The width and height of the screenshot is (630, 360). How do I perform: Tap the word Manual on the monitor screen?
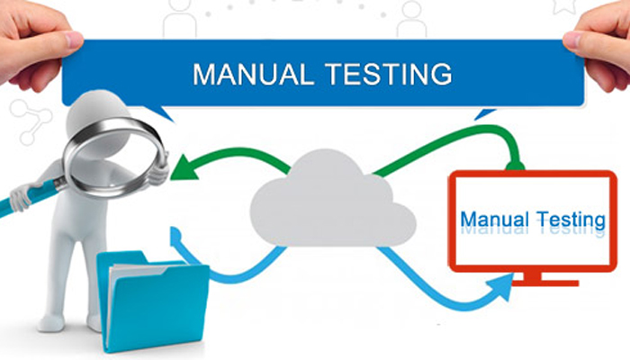click(499, 219)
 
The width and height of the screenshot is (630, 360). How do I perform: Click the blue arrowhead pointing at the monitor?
click(501, 287)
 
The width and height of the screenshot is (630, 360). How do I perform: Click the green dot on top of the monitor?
click(514, 166)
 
